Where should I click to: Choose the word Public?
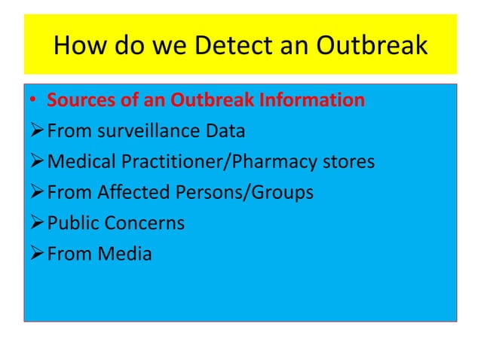[72, 224]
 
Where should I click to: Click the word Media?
[125, 255]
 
